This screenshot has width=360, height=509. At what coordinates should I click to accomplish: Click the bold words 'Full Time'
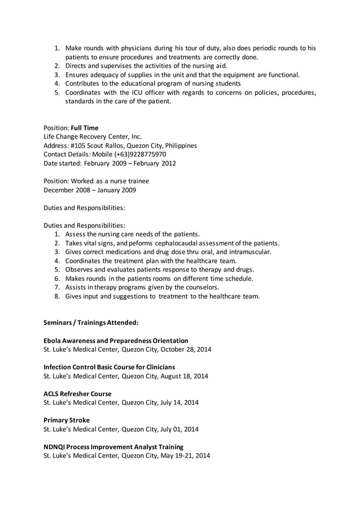84,128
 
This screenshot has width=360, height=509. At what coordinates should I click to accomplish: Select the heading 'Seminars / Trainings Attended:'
91,323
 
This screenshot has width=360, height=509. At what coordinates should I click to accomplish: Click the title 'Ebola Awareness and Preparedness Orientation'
116,341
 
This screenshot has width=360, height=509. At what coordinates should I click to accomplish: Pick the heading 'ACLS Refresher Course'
77,394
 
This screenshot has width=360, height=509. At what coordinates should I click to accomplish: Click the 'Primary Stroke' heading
67,420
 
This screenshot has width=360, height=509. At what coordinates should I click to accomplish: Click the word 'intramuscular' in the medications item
247,252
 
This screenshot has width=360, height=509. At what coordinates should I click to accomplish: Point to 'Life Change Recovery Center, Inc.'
93,137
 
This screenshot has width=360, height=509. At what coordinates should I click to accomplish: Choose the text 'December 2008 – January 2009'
90,190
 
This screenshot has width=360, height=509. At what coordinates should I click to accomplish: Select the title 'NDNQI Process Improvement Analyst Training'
113,446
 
